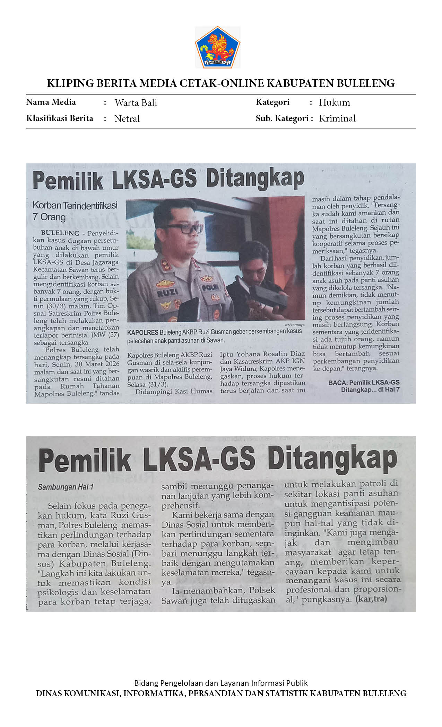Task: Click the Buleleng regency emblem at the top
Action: (218, 47)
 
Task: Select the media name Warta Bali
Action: (136, 103)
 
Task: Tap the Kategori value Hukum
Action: (334, 102)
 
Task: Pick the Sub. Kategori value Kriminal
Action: (337, 118)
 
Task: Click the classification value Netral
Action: (127, 119)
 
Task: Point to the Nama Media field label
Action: (51, 102)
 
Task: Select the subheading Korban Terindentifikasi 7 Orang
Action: (75, 211)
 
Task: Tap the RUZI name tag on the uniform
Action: (167, 293)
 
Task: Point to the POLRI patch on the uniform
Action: (210, 287)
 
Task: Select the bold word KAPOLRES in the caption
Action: (142, 332)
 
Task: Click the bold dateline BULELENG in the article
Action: (60, 233)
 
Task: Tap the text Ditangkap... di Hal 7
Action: (370, 390)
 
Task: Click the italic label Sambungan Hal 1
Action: (66, 487)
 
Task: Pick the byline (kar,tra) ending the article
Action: (371, 599)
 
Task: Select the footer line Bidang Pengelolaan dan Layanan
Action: (221, 683)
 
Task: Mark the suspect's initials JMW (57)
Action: (105, 335)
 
